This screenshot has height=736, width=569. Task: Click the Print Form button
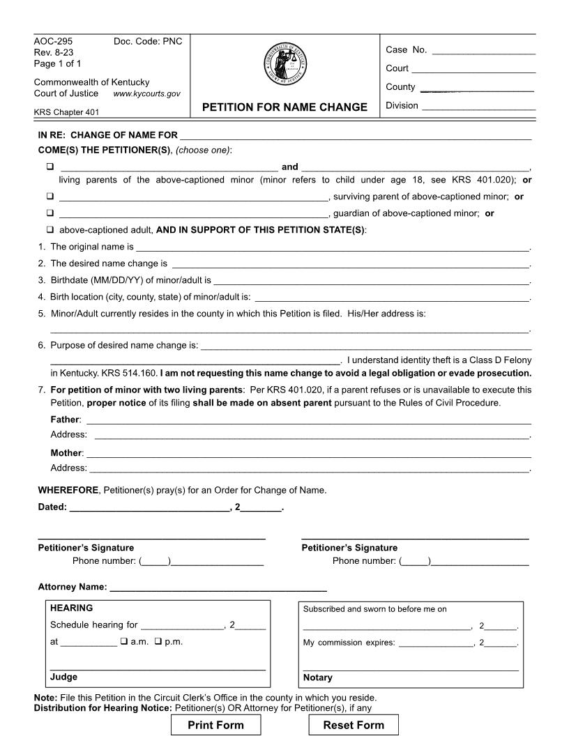pyautogui.click(x=216, y=725)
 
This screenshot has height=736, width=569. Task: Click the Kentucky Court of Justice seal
pyautogui.click(x=284, y=64)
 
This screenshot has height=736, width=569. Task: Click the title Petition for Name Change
pyautogui.click(x=284, y=107)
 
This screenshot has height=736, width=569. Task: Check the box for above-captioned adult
pyautogui.click(x=50, y=230)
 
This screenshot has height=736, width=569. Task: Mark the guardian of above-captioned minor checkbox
pyautogui.click(x=50, y=213)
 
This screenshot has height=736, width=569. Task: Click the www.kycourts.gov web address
pyautogui.click(x=146, y=93)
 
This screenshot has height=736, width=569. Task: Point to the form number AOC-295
pyautogui.click(x=48, y=41)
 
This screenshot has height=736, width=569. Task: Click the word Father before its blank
pyautogui.click(x=66, y=420)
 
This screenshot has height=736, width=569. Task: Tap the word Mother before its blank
pyautogui.click(x=66, y=453)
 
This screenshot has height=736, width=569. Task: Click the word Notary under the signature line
pyautogui.click(x=318, y=677)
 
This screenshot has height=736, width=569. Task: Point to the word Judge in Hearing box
pyautogui.click(x=63, y=677)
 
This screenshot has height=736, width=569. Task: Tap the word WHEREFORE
pyautogui.click(x=68, y=490)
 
